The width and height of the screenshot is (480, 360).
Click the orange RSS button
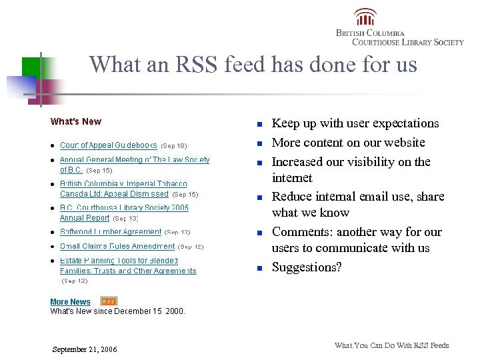109,301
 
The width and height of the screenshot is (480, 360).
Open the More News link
70,302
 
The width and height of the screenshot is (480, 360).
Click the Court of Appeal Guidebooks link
108,145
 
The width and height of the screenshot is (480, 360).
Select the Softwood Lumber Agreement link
110,232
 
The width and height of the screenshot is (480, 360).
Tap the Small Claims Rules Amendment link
117,246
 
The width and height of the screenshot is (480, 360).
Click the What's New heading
76,121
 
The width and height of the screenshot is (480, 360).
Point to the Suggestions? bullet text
307,267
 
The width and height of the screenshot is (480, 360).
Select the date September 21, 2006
84,349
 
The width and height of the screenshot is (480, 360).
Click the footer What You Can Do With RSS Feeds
391,345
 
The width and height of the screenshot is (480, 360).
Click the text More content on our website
348,143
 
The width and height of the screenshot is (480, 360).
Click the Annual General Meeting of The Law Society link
134,160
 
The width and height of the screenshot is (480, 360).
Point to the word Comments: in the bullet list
302,232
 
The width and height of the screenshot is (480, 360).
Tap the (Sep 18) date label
174,145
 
